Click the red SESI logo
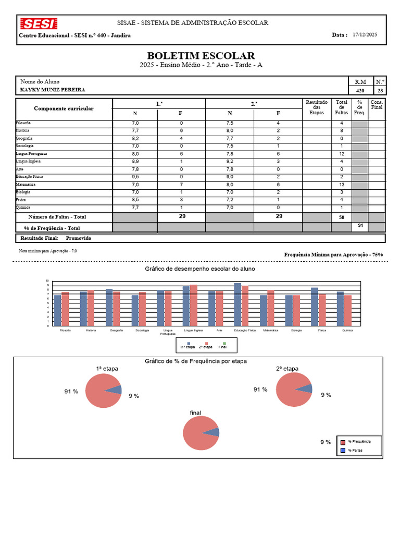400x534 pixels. (x=39, y=23)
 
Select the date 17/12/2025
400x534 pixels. (x=365, y=35)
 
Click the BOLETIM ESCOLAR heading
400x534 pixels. (x=201, y=56)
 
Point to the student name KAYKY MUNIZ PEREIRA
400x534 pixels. (x=52, y=90)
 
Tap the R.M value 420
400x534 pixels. (x=360, y=90)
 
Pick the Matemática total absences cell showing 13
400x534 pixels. (x=342, y=185)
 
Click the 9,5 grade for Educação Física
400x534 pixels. (x=135, y=177)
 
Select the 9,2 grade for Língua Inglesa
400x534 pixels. (x=230, y=162)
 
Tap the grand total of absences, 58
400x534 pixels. (x=342, y=216)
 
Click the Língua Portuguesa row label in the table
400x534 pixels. (x=32, y=154)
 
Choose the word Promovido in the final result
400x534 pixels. (x=79, y=238)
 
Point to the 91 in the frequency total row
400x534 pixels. (x=359, y=225)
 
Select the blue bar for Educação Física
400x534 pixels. (x=238, y=304)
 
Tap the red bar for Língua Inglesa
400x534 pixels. (x=194, y=305)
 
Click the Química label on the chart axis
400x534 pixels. (x=347, y=331)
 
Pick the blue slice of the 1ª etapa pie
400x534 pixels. (x=118, y=389)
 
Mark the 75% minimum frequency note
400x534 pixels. (x=333, y=254)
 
